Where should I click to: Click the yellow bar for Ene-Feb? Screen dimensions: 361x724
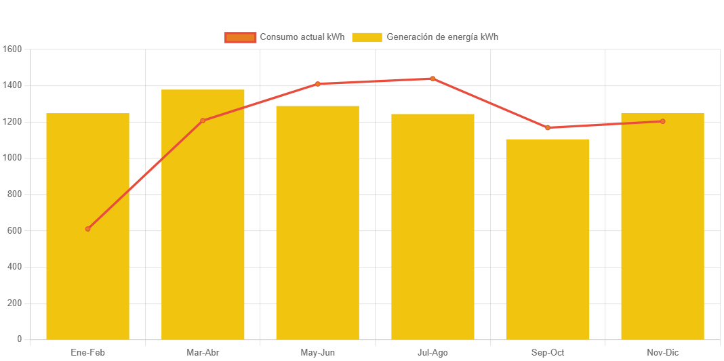[x=87, y=226]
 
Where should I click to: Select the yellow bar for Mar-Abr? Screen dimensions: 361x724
[x=203, y=214]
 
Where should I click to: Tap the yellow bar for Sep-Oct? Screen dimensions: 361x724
[x=548, y=239]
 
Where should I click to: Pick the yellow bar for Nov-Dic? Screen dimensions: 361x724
[x=662, y=226]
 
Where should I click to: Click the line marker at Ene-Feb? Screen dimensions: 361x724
[x=88, y=229]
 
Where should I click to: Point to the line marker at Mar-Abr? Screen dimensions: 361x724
[x=203, y=121]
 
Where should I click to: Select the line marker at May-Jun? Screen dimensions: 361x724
[x=317, y=84]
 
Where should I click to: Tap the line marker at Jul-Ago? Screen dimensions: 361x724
[x=433, y=79]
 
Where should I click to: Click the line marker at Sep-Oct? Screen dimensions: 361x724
[x=548, y=127]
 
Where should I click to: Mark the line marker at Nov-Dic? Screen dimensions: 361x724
[x=662, y=121]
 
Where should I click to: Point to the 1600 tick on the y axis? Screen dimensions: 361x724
[x=12, y=49]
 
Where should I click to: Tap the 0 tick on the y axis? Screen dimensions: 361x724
[x=19, y=339]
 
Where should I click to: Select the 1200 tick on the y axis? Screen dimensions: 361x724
[x=12, y=122]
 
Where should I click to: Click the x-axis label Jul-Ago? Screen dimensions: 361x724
[x=433, y=353]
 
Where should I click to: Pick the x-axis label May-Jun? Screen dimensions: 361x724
[x=317, y=353]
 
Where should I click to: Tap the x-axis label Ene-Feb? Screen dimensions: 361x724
[x=88, y=353]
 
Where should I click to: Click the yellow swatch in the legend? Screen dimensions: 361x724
[x=366, y=37]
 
